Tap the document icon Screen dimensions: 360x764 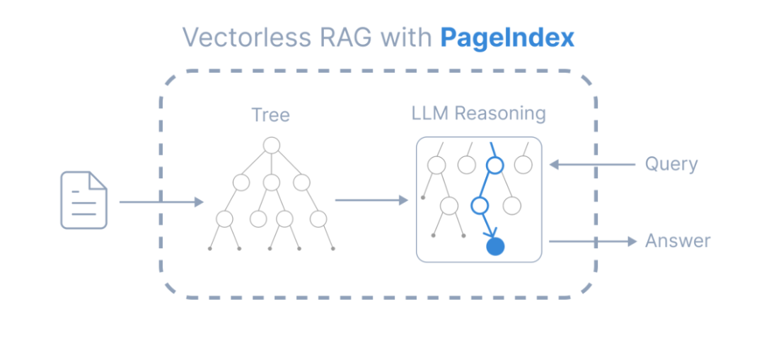click(83, 200)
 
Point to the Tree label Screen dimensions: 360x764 click(270, 115)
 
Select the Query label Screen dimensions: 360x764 click(671, 165)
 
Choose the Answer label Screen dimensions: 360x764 click(677, 241)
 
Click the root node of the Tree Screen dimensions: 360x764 click(272, 146)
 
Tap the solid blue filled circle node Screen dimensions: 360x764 click(495, 246)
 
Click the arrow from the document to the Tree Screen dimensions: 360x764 click(161, 202)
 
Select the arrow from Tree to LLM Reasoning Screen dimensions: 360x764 click(371, 200)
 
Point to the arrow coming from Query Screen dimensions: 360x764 click(592, 165)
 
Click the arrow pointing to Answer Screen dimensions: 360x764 click(593, 241)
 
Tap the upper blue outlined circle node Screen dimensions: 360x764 click(494, 166)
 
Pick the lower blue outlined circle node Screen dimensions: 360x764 click(480, 206)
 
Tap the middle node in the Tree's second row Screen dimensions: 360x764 click(272, 182)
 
